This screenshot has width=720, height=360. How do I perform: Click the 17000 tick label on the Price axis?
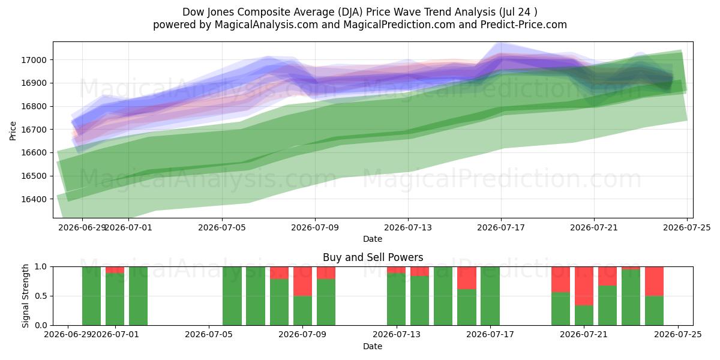point(34,60)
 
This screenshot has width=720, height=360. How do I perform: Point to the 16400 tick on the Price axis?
point(34,199)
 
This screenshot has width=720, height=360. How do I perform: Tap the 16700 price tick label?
point(34,130)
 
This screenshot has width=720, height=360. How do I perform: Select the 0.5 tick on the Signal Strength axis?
point(41,296)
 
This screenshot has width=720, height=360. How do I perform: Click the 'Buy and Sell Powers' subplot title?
point(373,257)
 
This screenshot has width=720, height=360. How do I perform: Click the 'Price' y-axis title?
point(13,131)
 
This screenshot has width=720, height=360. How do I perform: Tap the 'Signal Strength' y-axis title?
point(25,296)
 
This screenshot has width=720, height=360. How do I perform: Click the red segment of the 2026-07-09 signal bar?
point(303,281)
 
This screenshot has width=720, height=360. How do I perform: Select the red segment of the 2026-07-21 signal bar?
point(584,286)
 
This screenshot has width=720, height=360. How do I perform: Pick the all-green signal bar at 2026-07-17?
point(490,296)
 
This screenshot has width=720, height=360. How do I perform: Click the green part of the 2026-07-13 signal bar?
point(397,299)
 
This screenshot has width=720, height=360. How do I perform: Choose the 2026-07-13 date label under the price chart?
point(408,228)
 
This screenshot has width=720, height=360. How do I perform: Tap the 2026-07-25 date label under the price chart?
point(687,228)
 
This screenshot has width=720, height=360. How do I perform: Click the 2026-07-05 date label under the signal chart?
point(209,335)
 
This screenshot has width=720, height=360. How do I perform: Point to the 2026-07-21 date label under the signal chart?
point(584,335)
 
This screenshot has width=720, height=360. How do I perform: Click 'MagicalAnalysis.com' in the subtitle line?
point(266,25)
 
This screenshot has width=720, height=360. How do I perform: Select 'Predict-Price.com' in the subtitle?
point(524,25)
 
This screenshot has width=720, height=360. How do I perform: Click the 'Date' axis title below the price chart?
point(373,239)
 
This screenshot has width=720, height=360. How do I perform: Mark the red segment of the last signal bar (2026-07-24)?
point(655,281)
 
